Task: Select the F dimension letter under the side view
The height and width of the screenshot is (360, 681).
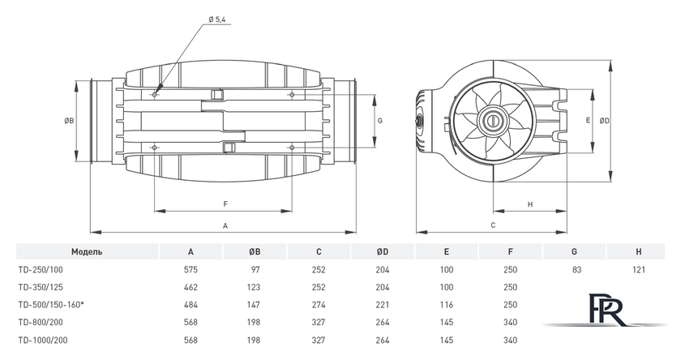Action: (x=225, y=204)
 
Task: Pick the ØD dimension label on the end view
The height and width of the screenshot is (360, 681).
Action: (x=604, y=120)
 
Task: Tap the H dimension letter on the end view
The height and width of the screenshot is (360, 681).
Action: (x=529, y=204)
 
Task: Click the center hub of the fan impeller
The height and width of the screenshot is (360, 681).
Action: (x=491, y=120)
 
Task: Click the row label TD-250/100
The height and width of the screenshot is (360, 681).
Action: (x=42, y=269)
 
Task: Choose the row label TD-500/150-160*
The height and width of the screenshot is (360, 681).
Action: (x=50, y=305)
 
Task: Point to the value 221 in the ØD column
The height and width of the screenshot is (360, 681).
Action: (x=383, y=305)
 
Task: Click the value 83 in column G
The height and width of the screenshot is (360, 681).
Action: (x=575, y=269)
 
